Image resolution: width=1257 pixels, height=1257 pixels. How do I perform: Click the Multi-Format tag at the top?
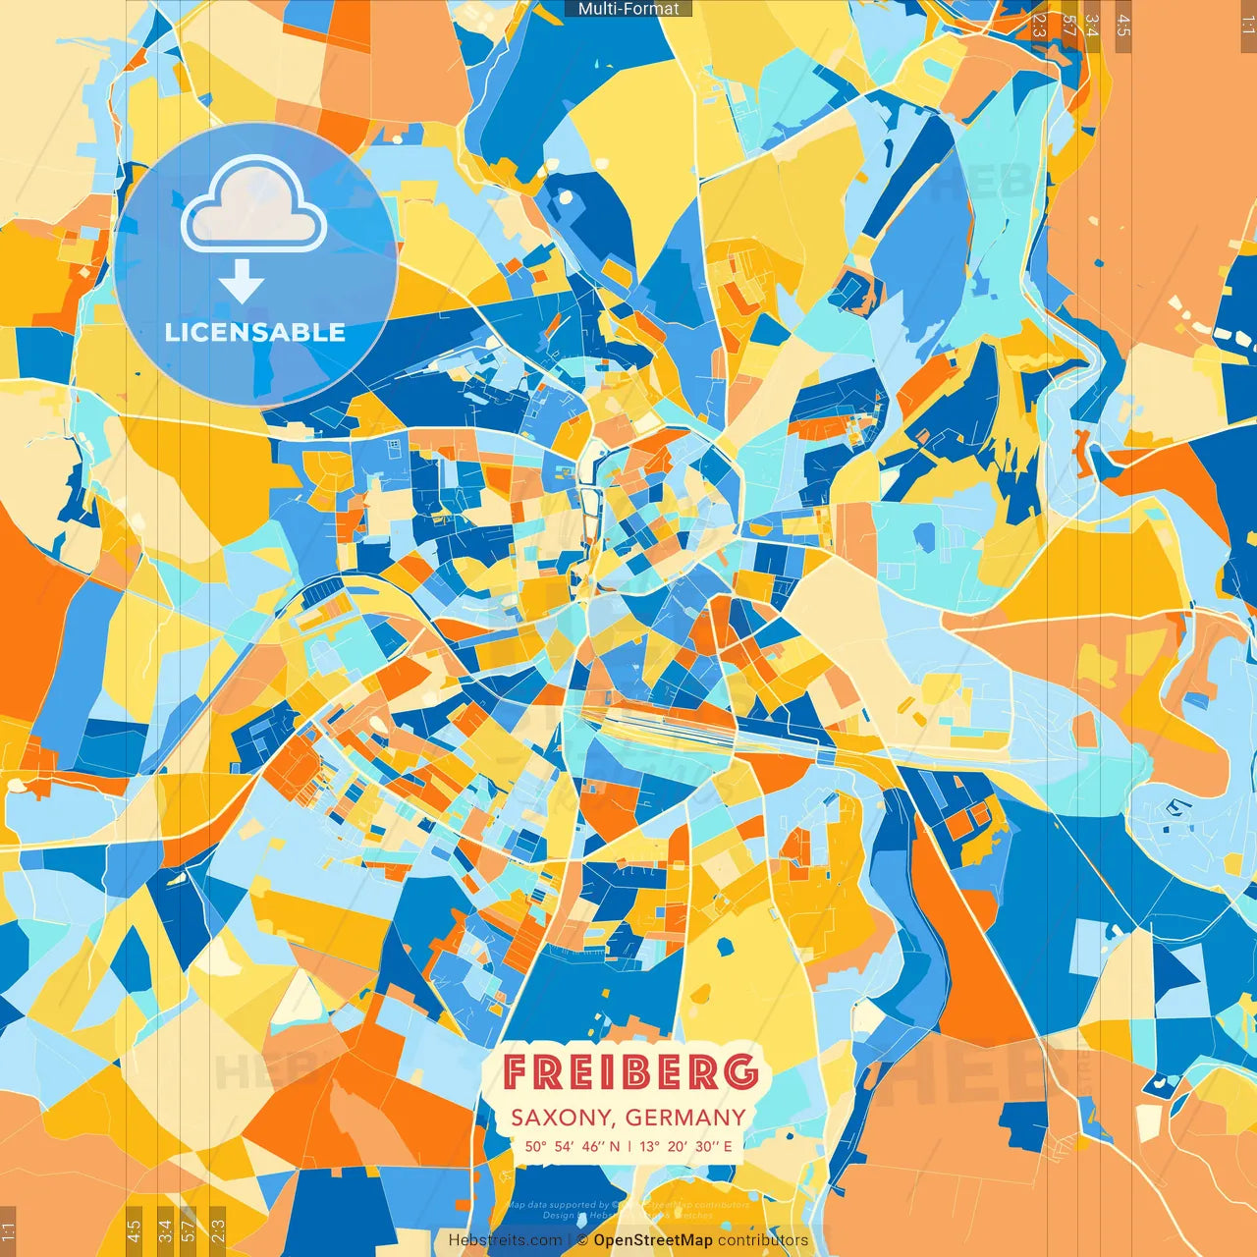pos(628,9)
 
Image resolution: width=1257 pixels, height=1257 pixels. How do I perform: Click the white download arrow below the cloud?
pos(242,282)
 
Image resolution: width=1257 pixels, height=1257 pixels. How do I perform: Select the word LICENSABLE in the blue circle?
pos(255,333)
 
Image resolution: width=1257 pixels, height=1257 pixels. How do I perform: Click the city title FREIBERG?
pos(630,1072)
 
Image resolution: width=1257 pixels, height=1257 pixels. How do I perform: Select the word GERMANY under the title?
pos(685,1118)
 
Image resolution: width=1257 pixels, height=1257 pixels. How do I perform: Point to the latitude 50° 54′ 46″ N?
pos(572,1146)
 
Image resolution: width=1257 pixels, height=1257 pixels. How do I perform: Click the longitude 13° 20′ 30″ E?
pos(686,1146)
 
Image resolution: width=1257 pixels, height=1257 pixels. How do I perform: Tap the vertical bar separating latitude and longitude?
pos(629,1146)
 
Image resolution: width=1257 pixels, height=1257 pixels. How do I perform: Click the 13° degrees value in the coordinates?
pos(649,1146)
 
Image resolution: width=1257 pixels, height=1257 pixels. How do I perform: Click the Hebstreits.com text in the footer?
pos(506,1240)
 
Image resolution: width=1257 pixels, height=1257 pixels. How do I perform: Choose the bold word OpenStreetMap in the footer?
pos(653,1240)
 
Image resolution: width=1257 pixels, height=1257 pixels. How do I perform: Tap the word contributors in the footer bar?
pos(763,1240)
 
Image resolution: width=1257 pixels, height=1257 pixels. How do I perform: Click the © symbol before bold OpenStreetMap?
pos(582,1240)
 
